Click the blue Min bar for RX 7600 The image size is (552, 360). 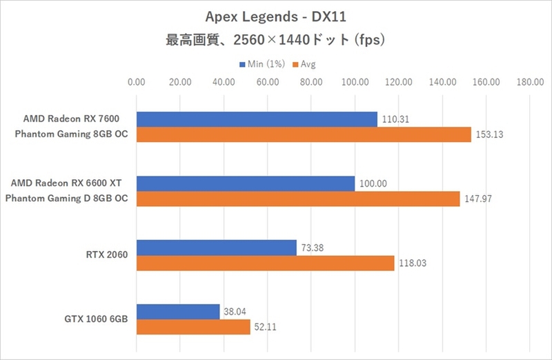pos(257,119)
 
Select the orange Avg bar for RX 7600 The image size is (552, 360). pos(304,134)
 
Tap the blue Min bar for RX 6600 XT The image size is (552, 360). pos(246,183)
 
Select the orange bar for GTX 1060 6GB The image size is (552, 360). pos(193,327)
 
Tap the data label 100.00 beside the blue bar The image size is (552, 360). pos(373,183)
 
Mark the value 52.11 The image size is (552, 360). pos(266,328)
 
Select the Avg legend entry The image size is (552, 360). pos(304,65)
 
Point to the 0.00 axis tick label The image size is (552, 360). pos(137,83)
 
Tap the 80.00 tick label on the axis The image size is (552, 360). pos(311,83)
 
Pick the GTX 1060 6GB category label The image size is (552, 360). pos(98,319)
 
